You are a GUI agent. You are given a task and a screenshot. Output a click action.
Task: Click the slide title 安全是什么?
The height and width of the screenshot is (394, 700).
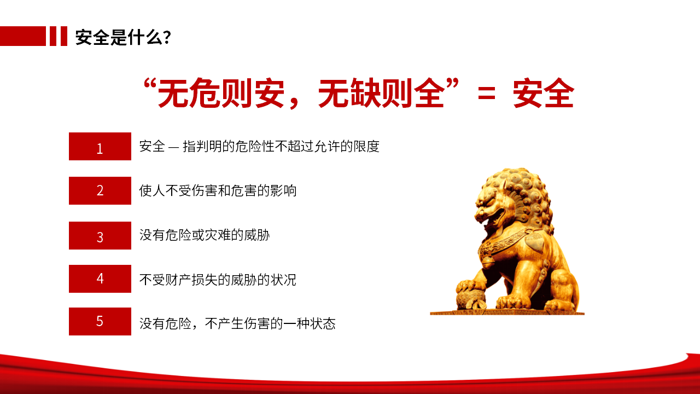tap(123, 37)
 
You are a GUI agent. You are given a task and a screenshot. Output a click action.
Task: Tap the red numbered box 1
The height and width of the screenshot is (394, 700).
tap(100, 146)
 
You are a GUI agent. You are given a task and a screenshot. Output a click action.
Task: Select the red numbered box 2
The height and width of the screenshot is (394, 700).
tap(100, 191)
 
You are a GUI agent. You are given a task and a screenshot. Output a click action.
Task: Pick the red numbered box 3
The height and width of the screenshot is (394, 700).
tap(100, 235)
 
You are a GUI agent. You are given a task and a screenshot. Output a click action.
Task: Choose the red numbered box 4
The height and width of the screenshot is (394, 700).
tap(100, 279)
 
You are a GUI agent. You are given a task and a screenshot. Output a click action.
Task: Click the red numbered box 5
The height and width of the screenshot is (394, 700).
tap(100, 321)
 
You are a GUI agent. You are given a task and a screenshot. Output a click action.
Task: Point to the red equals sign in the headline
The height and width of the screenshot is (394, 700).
tap(487, 94)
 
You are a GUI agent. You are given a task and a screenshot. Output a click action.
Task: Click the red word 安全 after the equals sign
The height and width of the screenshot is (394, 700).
tap(544, 93)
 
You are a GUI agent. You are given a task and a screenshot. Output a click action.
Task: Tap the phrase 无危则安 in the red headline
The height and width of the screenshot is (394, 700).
tap(221, 93)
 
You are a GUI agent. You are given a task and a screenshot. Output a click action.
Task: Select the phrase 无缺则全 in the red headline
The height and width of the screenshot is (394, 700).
tap(381, 93)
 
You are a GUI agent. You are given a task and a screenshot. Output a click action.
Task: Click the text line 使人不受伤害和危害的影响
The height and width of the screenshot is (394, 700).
tap(218, 191)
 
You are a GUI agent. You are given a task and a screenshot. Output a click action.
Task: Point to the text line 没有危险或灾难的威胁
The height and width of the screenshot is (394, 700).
tap(205, 235)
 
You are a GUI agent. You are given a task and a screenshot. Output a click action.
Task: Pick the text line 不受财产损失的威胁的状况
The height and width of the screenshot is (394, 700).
tap(218, 280)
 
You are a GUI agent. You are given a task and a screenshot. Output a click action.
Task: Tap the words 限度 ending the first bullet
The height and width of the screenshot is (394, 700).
tap(366, 146)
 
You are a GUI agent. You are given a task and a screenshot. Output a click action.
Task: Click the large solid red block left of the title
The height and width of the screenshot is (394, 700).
tap(23, 36)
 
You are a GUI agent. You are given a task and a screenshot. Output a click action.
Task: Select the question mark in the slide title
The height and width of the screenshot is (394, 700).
tap(167, 37)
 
